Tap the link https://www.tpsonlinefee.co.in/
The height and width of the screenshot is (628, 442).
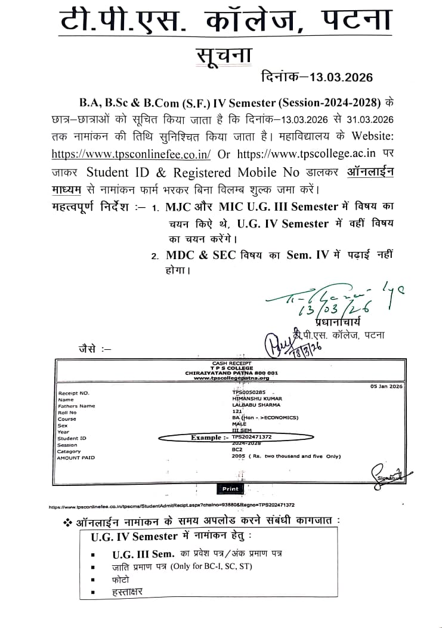click(131, 153)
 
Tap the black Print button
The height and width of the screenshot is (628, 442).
click(230, 488)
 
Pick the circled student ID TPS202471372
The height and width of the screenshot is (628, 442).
click(256, 438)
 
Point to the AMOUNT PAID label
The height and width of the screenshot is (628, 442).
click(76, 458)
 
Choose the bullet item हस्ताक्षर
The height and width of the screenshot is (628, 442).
click(127, 593)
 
